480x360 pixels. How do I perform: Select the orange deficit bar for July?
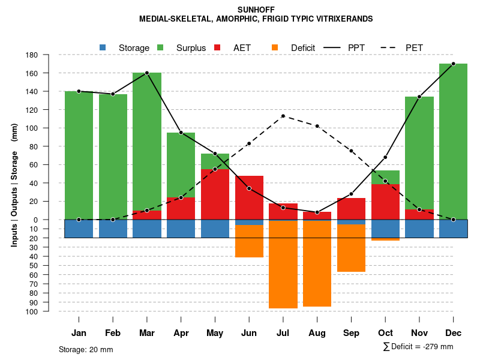click(283, 264)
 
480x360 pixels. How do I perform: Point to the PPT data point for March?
click(147, 73)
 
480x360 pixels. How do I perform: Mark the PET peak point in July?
click(283, 116)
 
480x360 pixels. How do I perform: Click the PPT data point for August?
click(317, 212)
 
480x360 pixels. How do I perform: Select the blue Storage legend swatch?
click(103, 47)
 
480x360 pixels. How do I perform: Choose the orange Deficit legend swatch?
click(275, 47)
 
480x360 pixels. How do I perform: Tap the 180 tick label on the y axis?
click(49, 55)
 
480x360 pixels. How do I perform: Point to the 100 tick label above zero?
click(49, 128)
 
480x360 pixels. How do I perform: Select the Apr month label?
click(181, 333)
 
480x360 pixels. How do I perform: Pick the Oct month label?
click(385, 333)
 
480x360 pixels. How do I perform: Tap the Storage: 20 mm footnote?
click(86, 349)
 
